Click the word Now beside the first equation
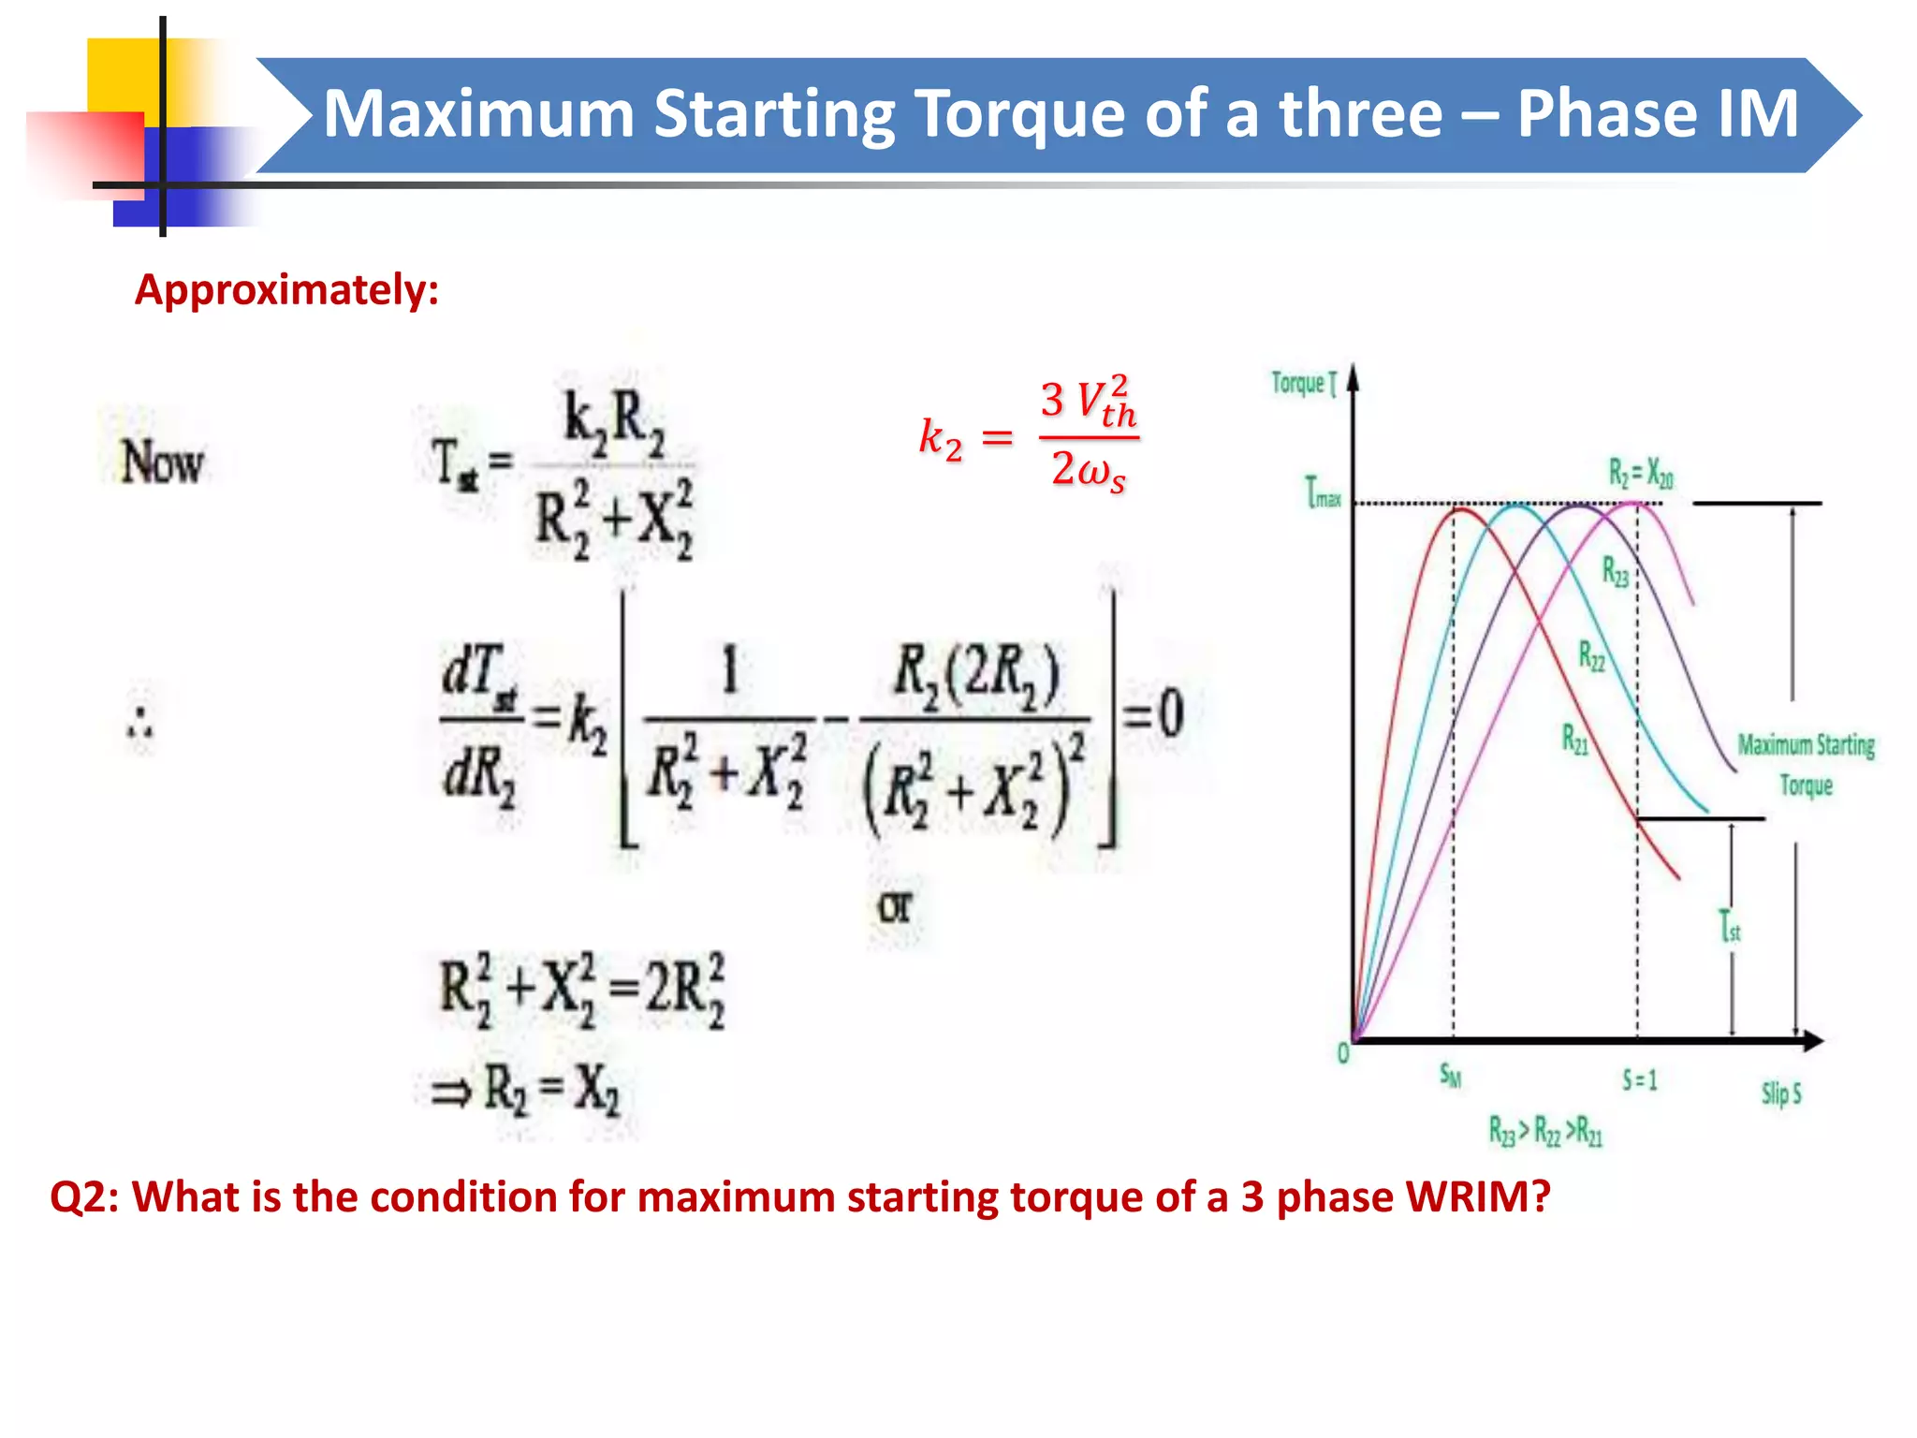[x=162, y=462]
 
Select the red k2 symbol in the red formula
[x=940, y=437]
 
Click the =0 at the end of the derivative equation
[x=1154, y=713]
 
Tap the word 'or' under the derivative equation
[x=894, y=907]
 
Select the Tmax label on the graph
[x=1323, y=492]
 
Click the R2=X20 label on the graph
[x=1641, y=474]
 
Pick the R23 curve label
[x=1616, y=571]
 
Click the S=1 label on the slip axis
[x=1639, y=1081]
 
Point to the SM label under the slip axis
[x=1450, y=1076]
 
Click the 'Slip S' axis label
[x=1781, y=1093]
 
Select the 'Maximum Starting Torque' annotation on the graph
[x=1806, y=764]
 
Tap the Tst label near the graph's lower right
[x=1730, y=927]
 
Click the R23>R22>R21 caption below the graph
[x=1545, y=1132]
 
